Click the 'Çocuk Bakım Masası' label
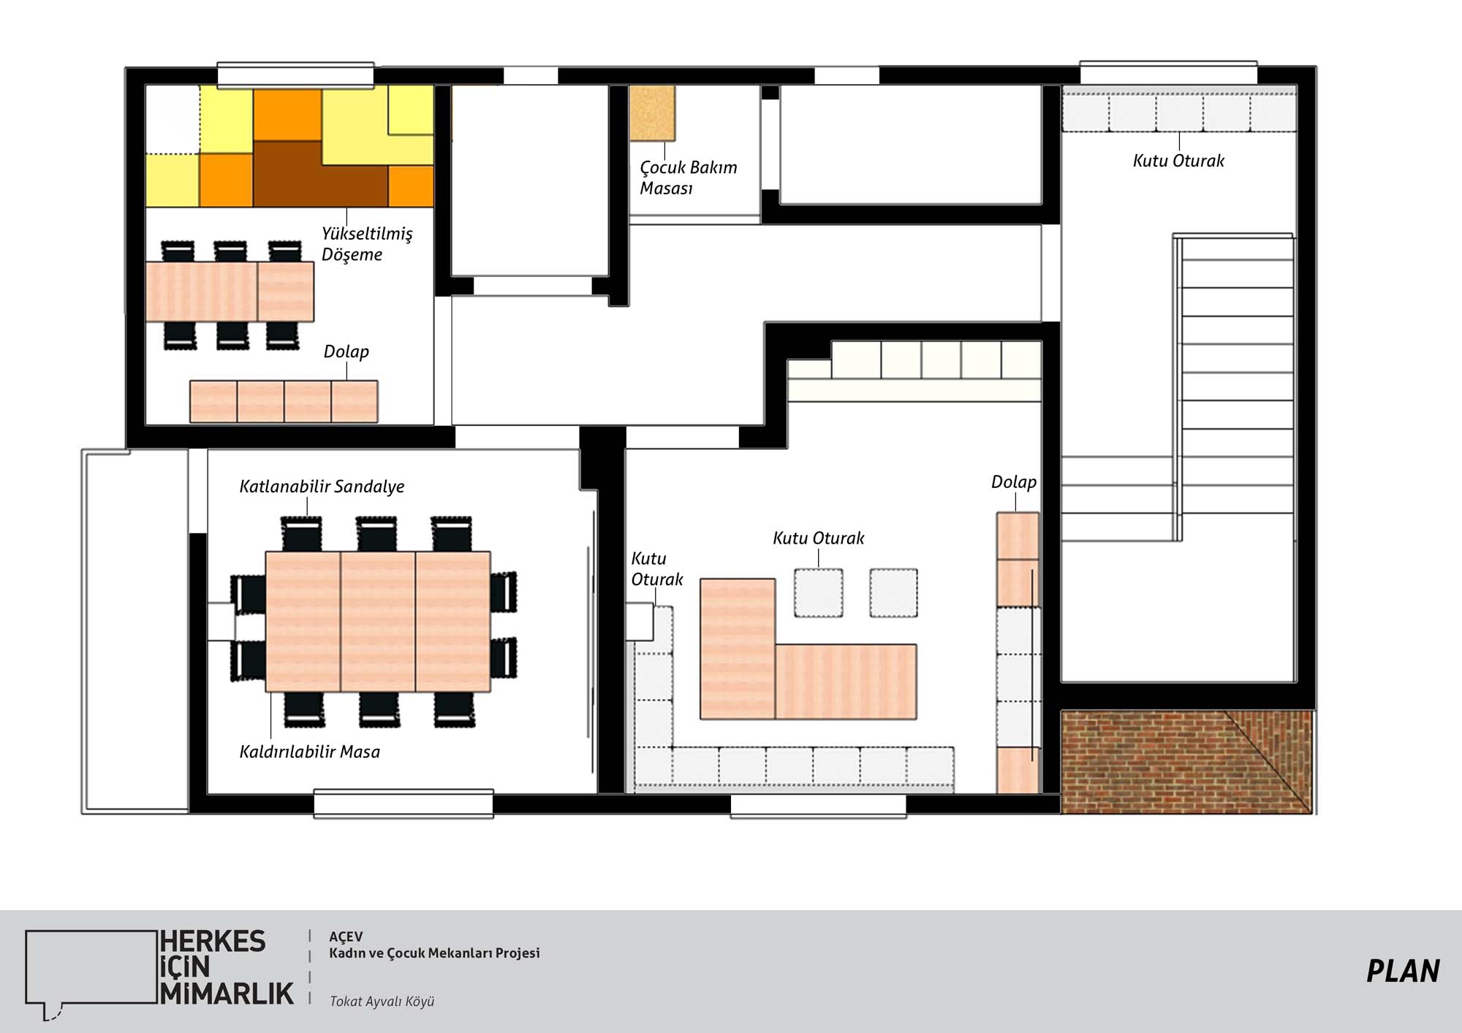[689, 178]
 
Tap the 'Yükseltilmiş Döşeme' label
[367, 244]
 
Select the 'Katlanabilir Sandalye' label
[322, 487]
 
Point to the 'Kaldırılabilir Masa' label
[309, 752]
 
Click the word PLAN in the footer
[1403, 972]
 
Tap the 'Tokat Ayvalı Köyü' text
[382, 1001]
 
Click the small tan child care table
[652, 113]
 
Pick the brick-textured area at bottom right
[1186, 762]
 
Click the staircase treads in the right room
[1235, 387]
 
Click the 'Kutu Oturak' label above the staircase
[1178, 161]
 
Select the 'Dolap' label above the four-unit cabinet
[346, 351]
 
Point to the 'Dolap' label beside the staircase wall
[1014, 482]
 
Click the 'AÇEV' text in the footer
[346, 937]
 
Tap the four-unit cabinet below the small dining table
[284, 401]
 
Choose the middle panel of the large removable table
[378, 621]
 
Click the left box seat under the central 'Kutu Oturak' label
[819, 592]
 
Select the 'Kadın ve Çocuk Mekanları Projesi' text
[434, 953]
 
